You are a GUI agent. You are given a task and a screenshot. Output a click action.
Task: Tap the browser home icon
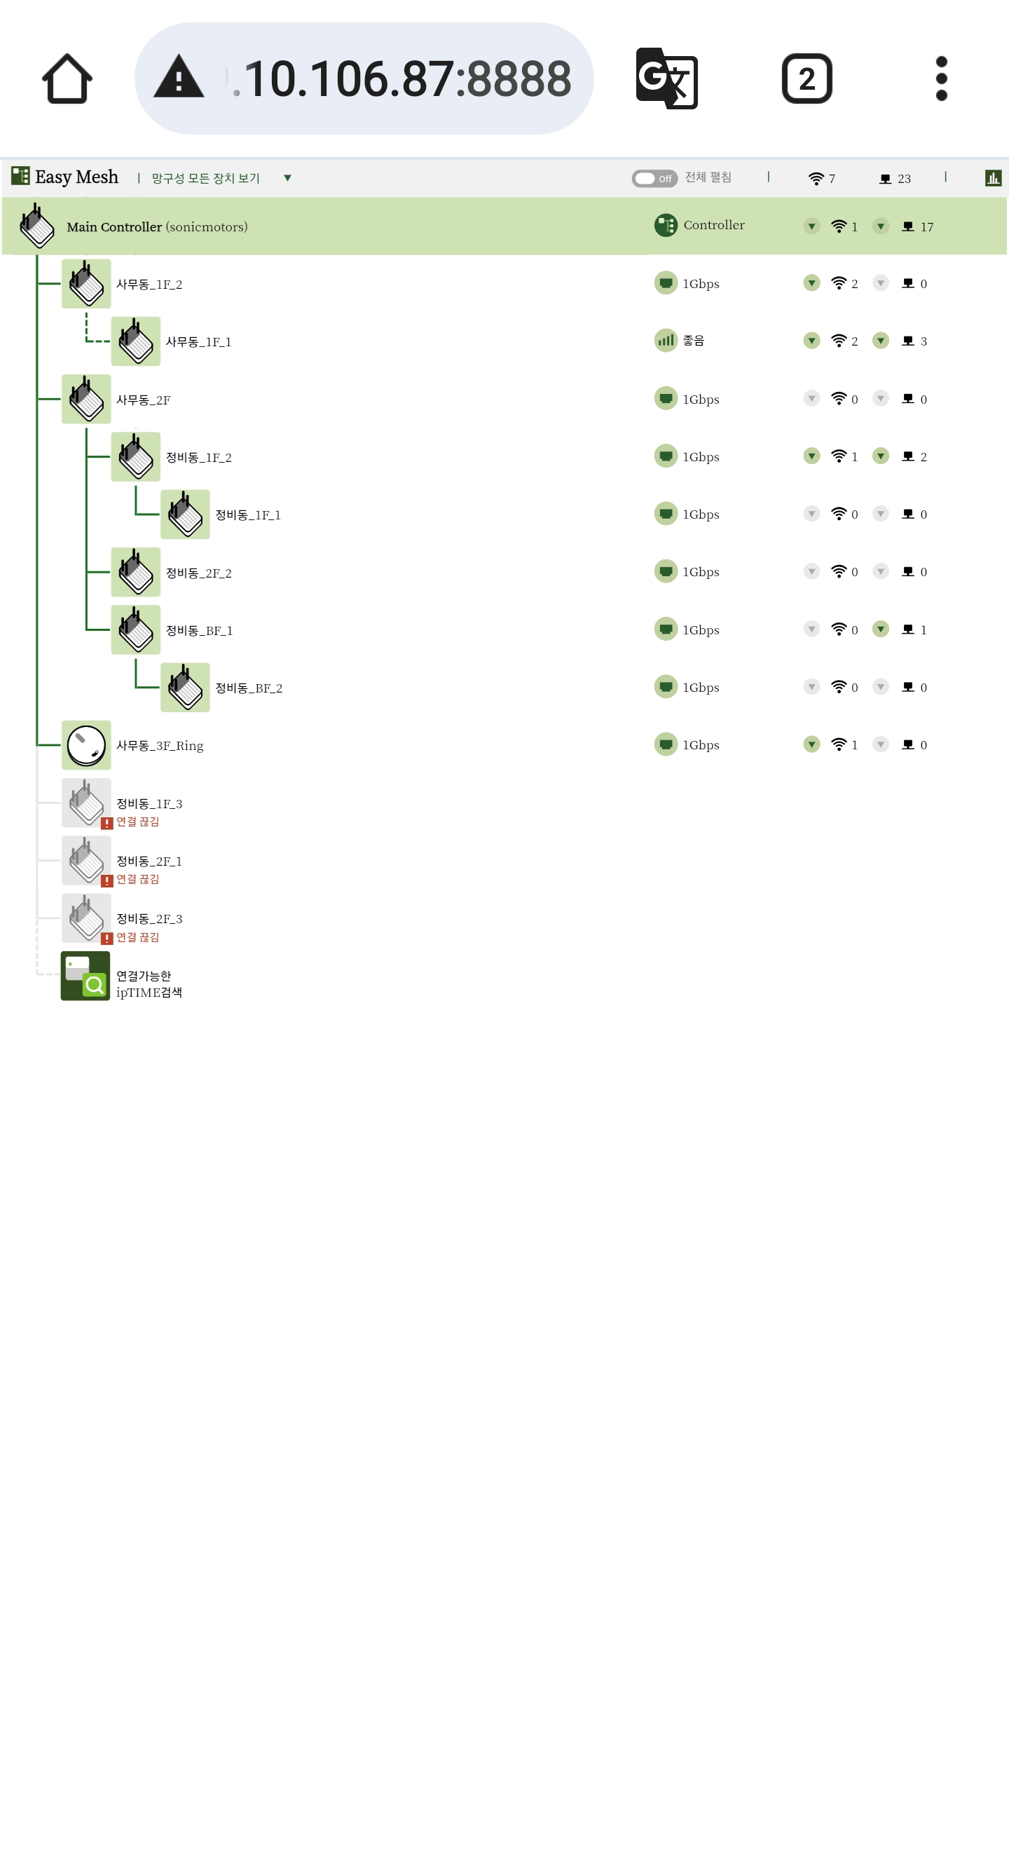coord(67,79)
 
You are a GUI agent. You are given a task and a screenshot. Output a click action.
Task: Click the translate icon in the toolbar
coord(666,79)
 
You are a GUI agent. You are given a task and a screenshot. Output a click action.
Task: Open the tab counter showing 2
coord(806,79)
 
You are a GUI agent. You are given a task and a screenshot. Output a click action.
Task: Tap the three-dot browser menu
coord(942,79)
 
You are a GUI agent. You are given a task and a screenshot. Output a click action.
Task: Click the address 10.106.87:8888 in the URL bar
coord(407,79)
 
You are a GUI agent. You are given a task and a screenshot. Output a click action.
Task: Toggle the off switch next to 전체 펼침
coord(654,179)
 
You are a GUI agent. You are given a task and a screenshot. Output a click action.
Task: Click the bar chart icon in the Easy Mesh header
coord(993,178)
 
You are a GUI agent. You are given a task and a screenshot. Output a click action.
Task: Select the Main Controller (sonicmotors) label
coord(157,227)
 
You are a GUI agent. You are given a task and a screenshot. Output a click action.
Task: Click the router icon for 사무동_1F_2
coord(86,284)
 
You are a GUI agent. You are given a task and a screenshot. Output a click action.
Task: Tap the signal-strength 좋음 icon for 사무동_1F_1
coord(665,340)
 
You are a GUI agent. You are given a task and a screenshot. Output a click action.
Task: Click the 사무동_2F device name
coord(143,400)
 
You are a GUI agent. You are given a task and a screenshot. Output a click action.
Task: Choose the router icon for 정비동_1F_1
coord(186,514)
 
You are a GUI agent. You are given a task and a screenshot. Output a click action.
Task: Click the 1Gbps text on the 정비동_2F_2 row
coord(701,572)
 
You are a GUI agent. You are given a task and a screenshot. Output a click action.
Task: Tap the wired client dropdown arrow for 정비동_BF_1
coord(880,629)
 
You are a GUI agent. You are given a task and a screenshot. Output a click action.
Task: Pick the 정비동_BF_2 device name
coord(249,688)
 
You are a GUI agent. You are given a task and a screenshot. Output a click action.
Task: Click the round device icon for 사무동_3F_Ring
coord(86,745)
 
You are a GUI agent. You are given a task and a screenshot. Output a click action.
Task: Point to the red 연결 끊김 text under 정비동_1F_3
coord(137,822)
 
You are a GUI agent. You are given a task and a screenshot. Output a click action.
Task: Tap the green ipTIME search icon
coord(85,976)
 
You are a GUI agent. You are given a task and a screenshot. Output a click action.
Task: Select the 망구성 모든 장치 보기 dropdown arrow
coord(287,178)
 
